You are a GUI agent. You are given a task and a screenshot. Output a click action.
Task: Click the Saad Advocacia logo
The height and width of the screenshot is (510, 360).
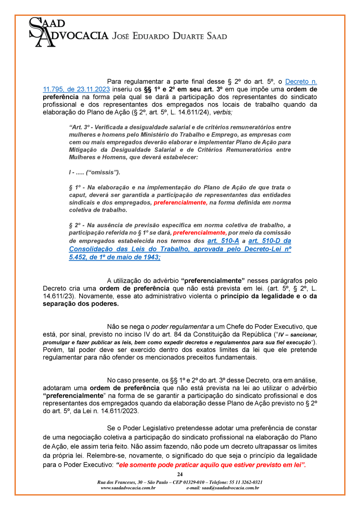coord(68,31)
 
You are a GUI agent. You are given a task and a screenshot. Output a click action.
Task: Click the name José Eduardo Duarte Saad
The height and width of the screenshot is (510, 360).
coord(170,36)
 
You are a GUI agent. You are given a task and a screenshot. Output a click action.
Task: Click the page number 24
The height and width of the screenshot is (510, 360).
coord(180,474)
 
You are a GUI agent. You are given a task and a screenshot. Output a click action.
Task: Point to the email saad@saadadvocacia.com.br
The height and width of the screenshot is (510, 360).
coord(222,488)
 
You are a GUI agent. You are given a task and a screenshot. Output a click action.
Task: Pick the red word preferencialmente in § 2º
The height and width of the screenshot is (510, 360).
coord(200,233)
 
